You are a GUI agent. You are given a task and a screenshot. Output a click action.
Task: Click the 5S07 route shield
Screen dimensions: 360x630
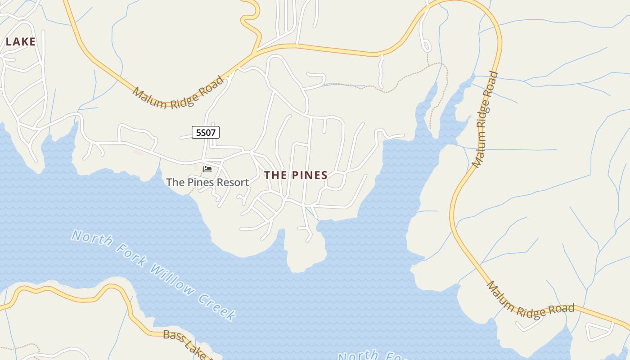[x=206, y=132]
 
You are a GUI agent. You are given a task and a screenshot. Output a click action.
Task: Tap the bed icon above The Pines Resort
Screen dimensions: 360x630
[x=207, y=169]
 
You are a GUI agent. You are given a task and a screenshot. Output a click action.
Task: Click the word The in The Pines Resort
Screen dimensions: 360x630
[x=175, y=182]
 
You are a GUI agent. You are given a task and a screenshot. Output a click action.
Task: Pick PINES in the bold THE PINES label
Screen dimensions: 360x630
[x=309, y=175]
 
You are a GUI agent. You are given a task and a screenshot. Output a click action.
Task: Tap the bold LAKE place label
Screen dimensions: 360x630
[x=20, y=42]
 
